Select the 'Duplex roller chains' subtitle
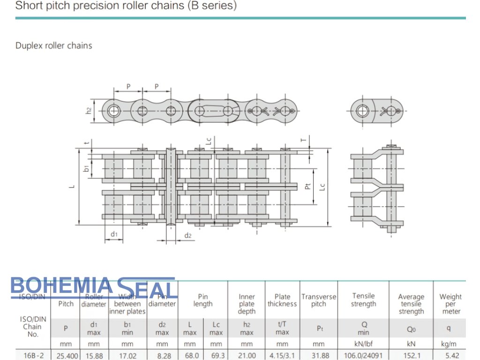coord(54,46)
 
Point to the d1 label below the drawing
coord(114,233)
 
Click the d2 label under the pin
coord(187,235)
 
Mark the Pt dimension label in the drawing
coord(307,186)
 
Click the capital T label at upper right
coord(303,139)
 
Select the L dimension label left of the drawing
coord(72,186)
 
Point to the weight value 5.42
coord(450,356)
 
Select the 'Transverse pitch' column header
coord(319,300)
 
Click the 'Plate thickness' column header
coord(282,300)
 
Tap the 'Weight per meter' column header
coord(450,304)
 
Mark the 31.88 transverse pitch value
coord(318,356)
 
